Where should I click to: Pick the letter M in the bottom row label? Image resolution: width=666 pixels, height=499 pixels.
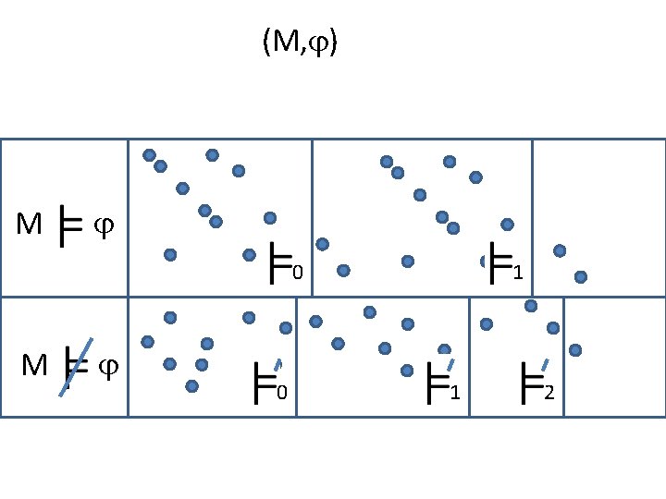(x=34, y=366)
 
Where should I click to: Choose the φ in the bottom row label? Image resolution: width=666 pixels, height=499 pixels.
(x=107, y=366)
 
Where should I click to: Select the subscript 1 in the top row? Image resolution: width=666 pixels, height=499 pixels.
(x=518, y=273)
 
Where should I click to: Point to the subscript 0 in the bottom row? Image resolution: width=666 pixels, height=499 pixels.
(x=282, y=395)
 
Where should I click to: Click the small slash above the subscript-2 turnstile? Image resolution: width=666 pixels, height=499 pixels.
(x=545, y=364)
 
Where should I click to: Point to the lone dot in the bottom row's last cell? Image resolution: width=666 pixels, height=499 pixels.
(x=575, y=349)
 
